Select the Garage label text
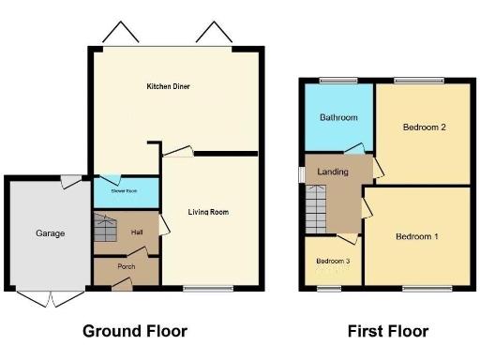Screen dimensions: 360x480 [50, 232]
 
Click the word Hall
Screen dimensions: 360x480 [137, 232]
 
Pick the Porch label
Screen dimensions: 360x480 [127, 266]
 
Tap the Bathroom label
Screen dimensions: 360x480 [338, 118]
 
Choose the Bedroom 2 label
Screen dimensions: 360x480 [423, 127]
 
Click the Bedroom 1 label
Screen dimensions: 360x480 [416, 236]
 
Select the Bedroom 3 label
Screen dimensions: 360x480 [333, 261]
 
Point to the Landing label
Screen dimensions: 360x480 [334, 172]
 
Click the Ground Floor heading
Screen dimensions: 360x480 [135, 331]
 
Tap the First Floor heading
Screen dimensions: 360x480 [387, 331]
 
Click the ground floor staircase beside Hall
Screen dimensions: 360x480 [103, 229]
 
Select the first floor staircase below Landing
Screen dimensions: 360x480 [316, 209]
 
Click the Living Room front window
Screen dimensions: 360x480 [207, 289]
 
